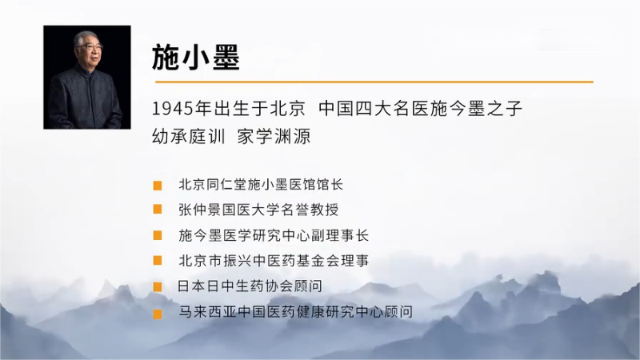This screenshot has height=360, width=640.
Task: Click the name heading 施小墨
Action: click(195, 58)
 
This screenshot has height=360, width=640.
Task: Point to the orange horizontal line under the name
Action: click(374, 82)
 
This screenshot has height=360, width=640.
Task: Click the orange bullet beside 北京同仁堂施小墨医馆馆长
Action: click(158, 186)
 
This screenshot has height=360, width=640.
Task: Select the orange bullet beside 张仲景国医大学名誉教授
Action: click(158, 210)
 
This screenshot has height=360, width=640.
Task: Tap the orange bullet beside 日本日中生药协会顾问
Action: click(158, 287)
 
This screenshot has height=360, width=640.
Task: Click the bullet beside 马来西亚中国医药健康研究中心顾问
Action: click(158, 314)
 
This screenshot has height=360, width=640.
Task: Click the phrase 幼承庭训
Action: click(188, 137)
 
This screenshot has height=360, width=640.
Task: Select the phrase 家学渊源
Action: click(274, 137)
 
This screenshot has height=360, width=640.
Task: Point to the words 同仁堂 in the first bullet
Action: click(226, 185)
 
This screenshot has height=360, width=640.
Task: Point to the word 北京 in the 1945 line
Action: click(288, 109)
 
